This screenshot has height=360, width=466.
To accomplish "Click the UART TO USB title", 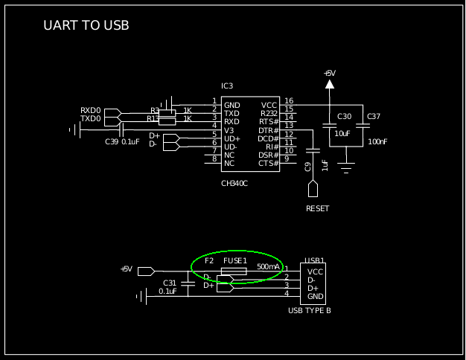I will (86, 26).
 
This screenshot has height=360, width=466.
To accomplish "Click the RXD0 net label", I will (91, 111).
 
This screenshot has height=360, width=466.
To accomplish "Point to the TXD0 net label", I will (91, 119).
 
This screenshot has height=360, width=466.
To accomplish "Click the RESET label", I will (317, 208).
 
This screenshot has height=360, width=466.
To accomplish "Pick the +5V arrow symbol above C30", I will (330, 84).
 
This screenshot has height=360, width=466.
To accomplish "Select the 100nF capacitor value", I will (377, 141).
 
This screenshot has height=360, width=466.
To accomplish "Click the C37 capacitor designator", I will (374, 117).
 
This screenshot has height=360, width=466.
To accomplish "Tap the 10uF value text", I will (342, 133).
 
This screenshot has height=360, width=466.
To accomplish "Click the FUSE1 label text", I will (235, 261).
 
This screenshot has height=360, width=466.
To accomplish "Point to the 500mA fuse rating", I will (269, 266).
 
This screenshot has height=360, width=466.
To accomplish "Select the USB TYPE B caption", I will (310, 310).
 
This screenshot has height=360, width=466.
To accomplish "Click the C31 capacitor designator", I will (170, 283).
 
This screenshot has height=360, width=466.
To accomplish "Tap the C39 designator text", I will (112, 141).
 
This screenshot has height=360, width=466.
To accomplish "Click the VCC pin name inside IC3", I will (269, 105).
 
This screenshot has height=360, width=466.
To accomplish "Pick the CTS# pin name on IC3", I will (268, 163).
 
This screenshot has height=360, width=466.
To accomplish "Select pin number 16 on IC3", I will (289, 101).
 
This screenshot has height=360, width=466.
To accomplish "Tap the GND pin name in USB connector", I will (316, 297).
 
